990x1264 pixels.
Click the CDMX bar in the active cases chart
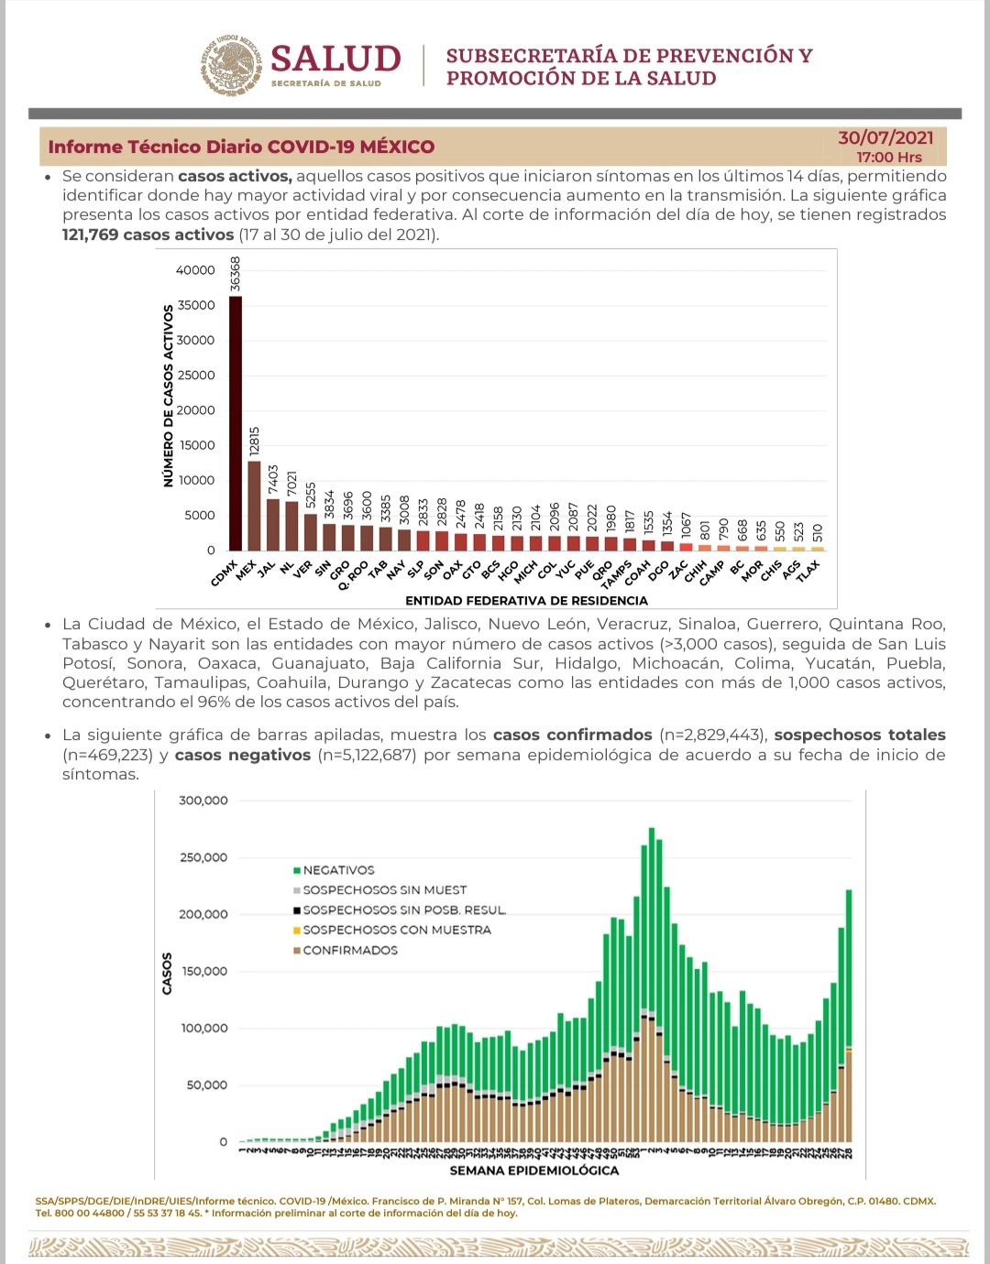(236, 422)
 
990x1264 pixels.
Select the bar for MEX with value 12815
(254, 505)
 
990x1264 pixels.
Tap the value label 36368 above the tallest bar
(236, 274)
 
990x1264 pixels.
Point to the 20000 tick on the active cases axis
(195, 410)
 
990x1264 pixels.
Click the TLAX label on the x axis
(808, 571)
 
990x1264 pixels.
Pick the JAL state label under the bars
(266, 569)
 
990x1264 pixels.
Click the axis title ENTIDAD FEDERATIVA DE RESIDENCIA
(526, 601)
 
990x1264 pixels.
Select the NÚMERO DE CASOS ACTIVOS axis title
(168, 397)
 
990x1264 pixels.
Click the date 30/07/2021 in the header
(885, 137)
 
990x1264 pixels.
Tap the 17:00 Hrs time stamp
(889, 158)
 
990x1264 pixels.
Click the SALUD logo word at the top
(335, 59)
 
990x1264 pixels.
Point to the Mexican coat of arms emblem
(231, 66)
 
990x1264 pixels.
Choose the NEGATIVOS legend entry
(338, 870)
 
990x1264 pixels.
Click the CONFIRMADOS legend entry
(350, 950)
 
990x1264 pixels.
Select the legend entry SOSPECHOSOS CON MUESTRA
(396, 930)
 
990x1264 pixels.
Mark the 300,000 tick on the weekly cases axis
(203, 801)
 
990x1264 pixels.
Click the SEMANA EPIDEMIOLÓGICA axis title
(533, 1171)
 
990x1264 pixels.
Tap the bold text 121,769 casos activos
(148, 234)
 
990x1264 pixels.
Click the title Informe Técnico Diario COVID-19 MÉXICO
(241, 147)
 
